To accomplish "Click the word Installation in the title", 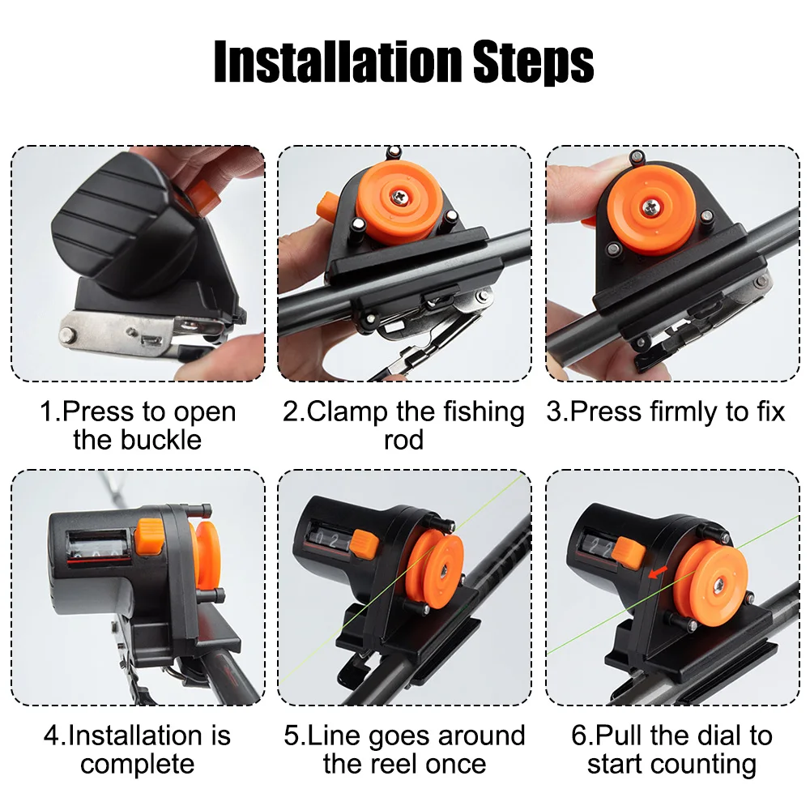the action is (x=338, y=62).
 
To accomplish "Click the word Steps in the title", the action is (x=534, y=63).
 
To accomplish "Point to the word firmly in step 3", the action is (x=684, y=411).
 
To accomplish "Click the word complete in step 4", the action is (x=138, y=765).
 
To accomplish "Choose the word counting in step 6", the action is (x=700, y=765).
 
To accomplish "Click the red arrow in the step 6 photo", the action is (x=658, y=572).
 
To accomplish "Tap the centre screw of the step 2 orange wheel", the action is (x=399, y=196).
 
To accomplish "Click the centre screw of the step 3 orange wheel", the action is (x=650, y=207).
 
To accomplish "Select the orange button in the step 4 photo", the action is (x=149, y=537).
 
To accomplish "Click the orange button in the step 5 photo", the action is (x=364, y=545).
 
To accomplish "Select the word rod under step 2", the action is (x=403, y=440).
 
